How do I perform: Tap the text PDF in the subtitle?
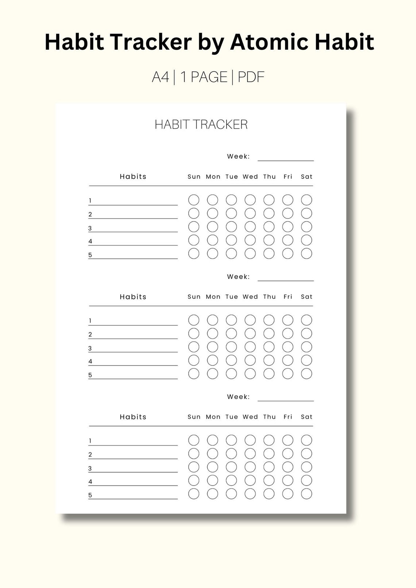(x=251, y=77)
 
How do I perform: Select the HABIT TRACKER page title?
(x=201, y=125)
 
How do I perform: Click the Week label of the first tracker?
(x=238, y=156)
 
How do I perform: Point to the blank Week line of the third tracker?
(x=285, y=400)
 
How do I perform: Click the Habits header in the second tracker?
(x=133, y=297)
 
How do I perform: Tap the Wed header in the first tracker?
(x=250, y=177)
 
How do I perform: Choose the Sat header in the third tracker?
(x=307, y=417)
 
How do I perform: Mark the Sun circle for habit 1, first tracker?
(x=194, y=200)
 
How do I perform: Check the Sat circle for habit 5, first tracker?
(x=307, y=254)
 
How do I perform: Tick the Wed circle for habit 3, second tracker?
(x=250, y=347)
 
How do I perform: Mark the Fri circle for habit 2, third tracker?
(x=288, y=454)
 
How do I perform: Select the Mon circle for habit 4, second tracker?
(x=212, y=360)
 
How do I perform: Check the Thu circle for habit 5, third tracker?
(x=269, y=494)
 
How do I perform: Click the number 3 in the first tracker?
(x=90, y=229)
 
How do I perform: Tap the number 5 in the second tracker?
(x=90, y=375)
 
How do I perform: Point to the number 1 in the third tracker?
(x=90, y=441)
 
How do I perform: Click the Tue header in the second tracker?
(x=232, y=297)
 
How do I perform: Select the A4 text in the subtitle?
(x=161, y=77)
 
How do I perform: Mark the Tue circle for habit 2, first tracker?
(x=231, y=213)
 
